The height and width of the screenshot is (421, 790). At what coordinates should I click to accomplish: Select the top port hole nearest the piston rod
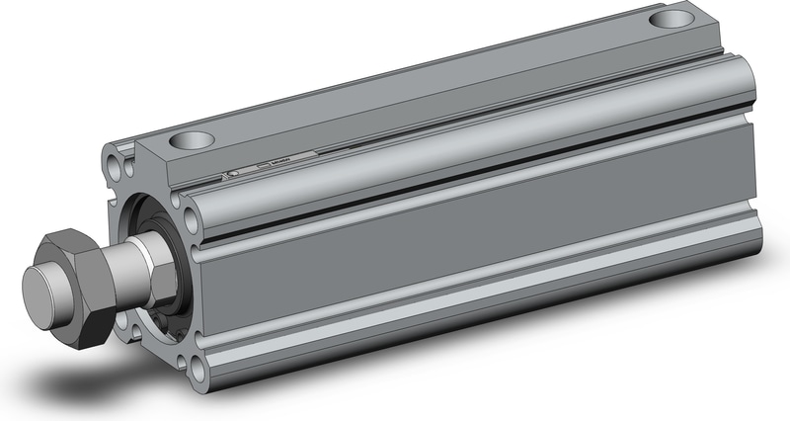click(190, 140)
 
